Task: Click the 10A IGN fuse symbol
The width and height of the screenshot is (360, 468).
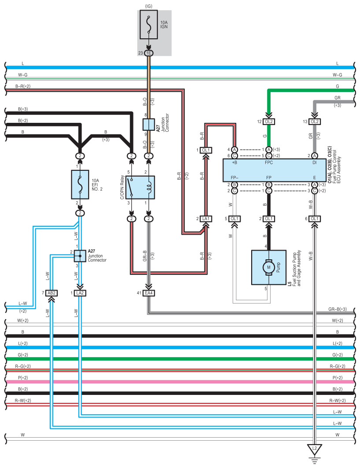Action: tap(148, 27)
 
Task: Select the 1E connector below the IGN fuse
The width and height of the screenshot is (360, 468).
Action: tap(149, 53)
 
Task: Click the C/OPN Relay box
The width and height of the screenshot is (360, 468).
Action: tap(140, 184)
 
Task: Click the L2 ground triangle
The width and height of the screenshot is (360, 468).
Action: tap(314, 450)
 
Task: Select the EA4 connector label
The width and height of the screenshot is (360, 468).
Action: tap(149, 293)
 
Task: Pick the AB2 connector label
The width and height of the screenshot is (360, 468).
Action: tap(52, 293)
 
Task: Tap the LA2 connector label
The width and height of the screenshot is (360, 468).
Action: tap(80, 293)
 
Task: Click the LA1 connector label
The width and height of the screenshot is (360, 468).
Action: tap(206, 219)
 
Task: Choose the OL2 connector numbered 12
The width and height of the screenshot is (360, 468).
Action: tap(268, 121)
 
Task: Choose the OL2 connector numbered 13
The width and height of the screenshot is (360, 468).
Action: tap(314, 121)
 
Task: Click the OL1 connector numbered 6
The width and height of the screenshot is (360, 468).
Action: tap(314, 219)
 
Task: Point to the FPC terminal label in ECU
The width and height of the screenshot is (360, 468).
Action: tap(268, 162)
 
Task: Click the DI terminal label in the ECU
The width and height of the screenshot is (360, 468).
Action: tap(314, 162)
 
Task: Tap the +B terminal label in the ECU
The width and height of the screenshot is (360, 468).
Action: tap(234, 162)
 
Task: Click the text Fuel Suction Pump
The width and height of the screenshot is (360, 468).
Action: tap(294, 268)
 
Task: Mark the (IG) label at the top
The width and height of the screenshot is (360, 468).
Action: tap(148, 5)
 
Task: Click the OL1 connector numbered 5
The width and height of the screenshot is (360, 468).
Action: tap(234, 219)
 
